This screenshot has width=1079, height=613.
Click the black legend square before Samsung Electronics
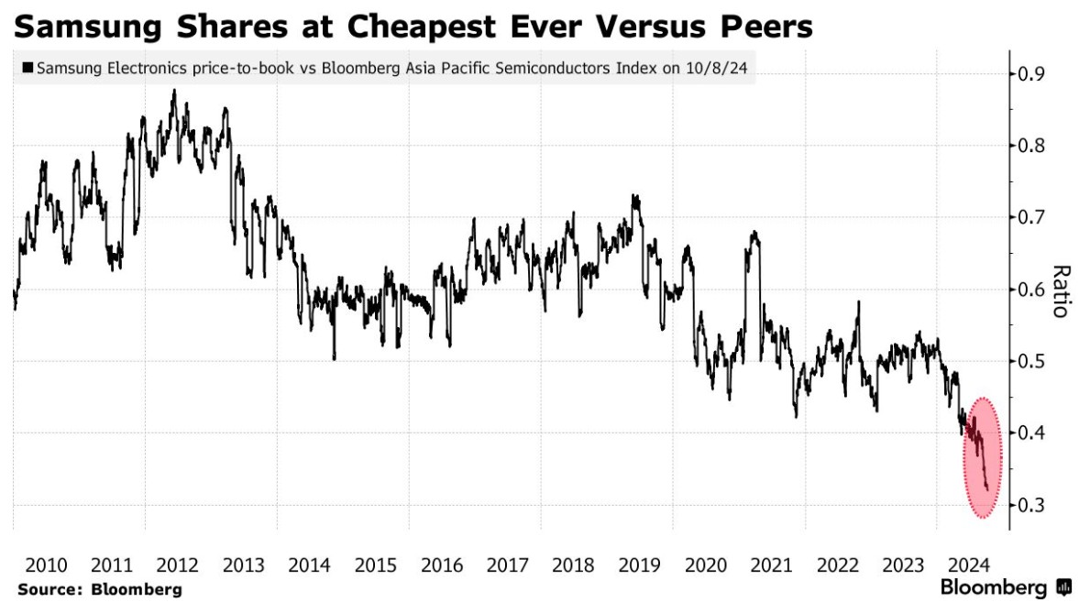tap(28, 69)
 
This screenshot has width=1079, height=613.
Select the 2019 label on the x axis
tap(638, 564)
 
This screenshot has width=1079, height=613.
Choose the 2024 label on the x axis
tap(968, 564)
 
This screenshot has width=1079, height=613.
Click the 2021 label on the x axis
tap(770, 564)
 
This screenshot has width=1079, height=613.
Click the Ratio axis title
tap(1060, 290)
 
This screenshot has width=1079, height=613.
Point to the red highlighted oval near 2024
tap(981, 458)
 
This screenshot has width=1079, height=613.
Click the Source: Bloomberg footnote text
tap(99, 589)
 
